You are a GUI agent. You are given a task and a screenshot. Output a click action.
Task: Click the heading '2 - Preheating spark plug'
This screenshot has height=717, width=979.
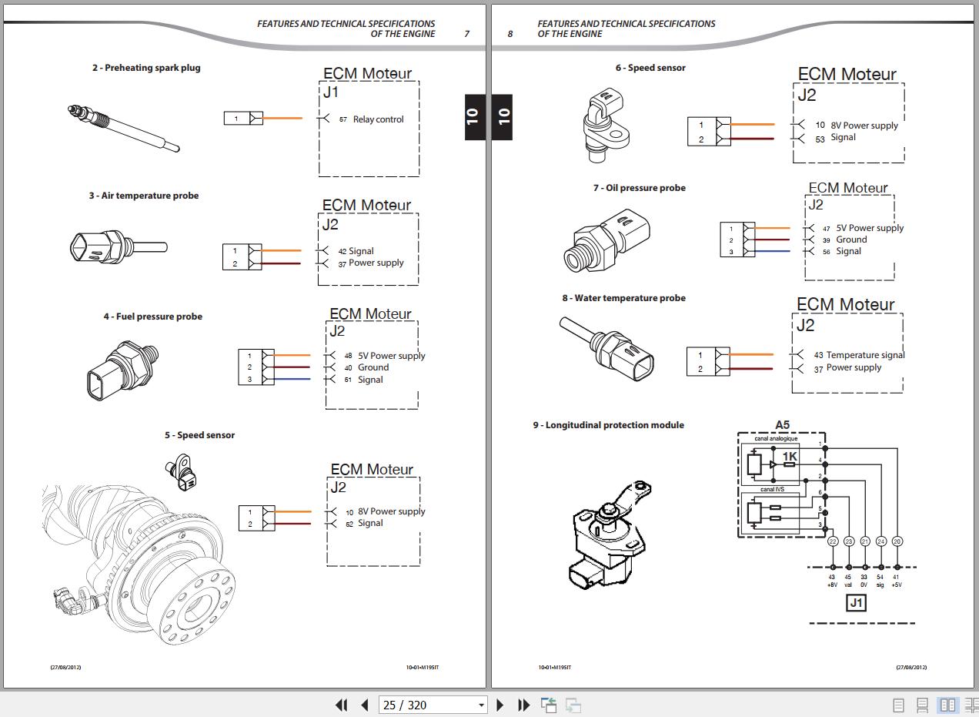146,68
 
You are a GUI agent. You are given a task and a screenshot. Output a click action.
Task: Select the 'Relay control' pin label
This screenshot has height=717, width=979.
378,119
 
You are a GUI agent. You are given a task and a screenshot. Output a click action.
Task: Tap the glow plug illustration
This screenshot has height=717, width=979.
123,128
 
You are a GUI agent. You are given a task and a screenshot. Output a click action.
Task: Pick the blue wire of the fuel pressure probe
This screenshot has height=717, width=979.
292,379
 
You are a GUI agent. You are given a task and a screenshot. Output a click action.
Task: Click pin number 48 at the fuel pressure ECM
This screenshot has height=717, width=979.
348,356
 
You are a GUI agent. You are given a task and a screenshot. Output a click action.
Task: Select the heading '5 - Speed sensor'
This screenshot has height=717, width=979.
199,435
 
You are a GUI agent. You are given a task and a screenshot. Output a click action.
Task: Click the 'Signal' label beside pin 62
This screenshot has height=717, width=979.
370,524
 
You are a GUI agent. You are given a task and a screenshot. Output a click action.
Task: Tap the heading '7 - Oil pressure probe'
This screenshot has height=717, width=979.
639,188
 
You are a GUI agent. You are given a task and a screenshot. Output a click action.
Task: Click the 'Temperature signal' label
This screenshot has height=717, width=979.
865,355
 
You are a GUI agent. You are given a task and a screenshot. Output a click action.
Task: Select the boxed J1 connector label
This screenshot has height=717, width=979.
856,603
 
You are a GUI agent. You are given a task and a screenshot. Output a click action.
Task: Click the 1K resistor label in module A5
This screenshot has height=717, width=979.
790,457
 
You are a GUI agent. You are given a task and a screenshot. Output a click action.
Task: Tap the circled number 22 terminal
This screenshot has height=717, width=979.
833,541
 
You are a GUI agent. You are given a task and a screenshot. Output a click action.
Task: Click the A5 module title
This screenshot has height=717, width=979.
782,425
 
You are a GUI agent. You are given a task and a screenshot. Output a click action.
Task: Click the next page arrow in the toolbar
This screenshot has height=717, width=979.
500,705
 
